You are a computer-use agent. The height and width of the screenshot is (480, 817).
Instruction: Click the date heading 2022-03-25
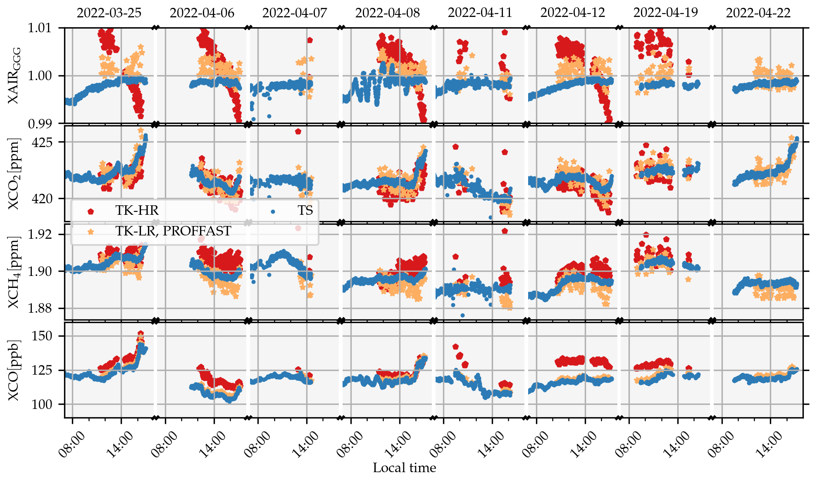pos(109,13)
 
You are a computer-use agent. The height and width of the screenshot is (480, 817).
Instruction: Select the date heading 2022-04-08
pos(387,13)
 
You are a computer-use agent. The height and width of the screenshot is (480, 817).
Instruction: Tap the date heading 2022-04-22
pos(758,13)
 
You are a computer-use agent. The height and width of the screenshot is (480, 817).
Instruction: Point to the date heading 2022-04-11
pos(480,13)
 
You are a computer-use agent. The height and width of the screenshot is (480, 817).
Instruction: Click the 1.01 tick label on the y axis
pos(39,28)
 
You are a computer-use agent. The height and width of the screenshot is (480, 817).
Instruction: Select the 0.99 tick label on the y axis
pos(39,124)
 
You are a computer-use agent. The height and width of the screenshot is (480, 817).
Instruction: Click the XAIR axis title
pos(14,76)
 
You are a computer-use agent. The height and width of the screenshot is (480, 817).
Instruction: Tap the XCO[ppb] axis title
pos(14,371)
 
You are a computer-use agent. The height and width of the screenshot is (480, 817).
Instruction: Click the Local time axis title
pos(404,468)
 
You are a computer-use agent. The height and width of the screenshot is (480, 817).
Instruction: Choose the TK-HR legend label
pos(137,211)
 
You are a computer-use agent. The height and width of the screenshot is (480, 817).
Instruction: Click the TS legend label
pos(305,211)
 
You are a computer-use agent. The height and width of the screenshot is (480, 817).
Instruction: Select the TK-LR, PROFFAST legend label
pos(173,231)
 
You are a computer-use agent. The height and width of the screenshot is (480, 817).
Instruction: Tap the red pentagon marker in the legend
pos(91,211)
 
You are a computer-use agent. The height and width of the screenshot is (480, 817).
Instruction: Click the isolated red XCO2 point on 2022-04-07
pos(298,132)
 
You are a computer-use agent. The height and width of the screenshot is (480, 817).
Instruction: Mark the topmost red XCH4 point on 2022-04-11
pos(505,231)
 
